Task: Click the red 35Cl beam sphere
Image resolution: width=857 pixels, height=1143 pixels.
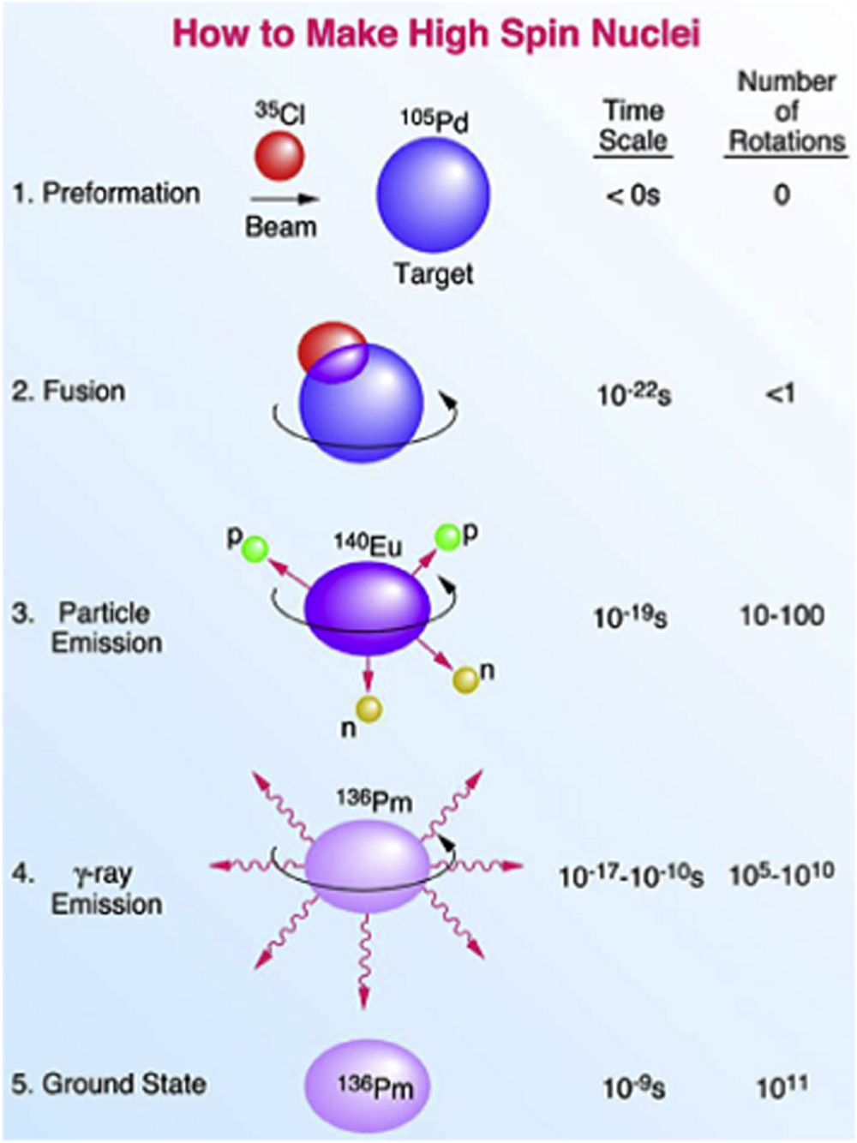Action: pos(279,156)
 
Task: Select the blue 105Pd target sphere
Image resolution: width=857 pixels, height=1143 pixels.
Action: pos(433,194)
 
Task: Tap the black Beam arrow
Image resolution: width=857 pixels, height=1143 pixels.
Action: pos(285,199)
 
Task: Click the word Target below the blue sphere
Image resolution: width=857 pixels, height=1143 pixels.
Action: pos(434,274)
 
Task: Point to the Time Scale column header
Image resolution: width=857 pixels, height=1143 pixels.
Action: pos(633,125)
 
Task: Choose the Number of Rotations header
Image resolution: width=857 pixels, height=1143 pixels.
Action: pos(786,112)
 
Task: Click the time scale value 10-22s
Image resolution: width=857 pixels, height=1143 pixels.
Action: pos(633,395)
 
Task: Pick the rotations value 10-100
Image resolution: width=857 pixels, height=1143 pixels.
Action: pos(782,615)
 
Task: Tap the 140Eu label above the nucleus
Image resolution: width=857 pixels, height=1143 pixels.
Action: pos(369,546)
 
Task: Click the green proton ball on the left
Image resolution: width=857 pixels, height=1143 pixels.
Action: pos(255,548)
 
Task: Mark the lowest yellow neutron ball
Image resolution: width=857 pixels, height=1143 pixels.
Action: pos(369,709)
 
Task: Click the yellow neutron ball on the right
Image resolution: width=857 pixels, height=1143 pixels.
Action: pos(465,679)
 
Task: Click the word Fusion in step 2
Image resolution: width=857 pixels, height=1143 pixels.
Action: pos(84,392)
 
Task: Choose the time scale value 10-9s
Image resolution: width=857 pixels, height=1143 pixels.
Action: pos(633,1086)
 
